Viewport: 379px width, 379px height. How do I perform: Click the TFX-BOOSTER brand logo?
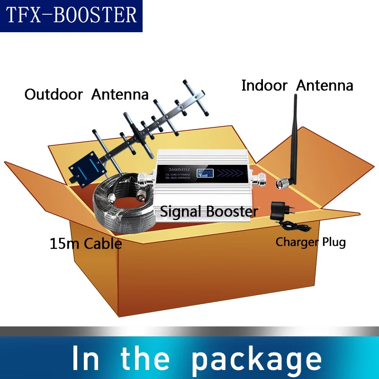tap(71, 16)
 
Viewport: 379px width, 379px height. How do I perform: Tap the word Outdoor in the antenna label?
tap(54, 94)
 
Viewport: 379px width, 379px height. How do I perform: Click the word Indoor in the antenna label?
tap(264, 86)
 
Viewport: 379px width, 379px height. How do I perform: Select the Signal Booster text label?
tap(209, 211)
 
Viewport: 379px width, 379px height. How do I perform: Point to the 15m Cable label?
tap(86, 244)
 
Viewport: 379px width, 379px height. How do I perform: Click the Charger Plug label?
tap(311, 242)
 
